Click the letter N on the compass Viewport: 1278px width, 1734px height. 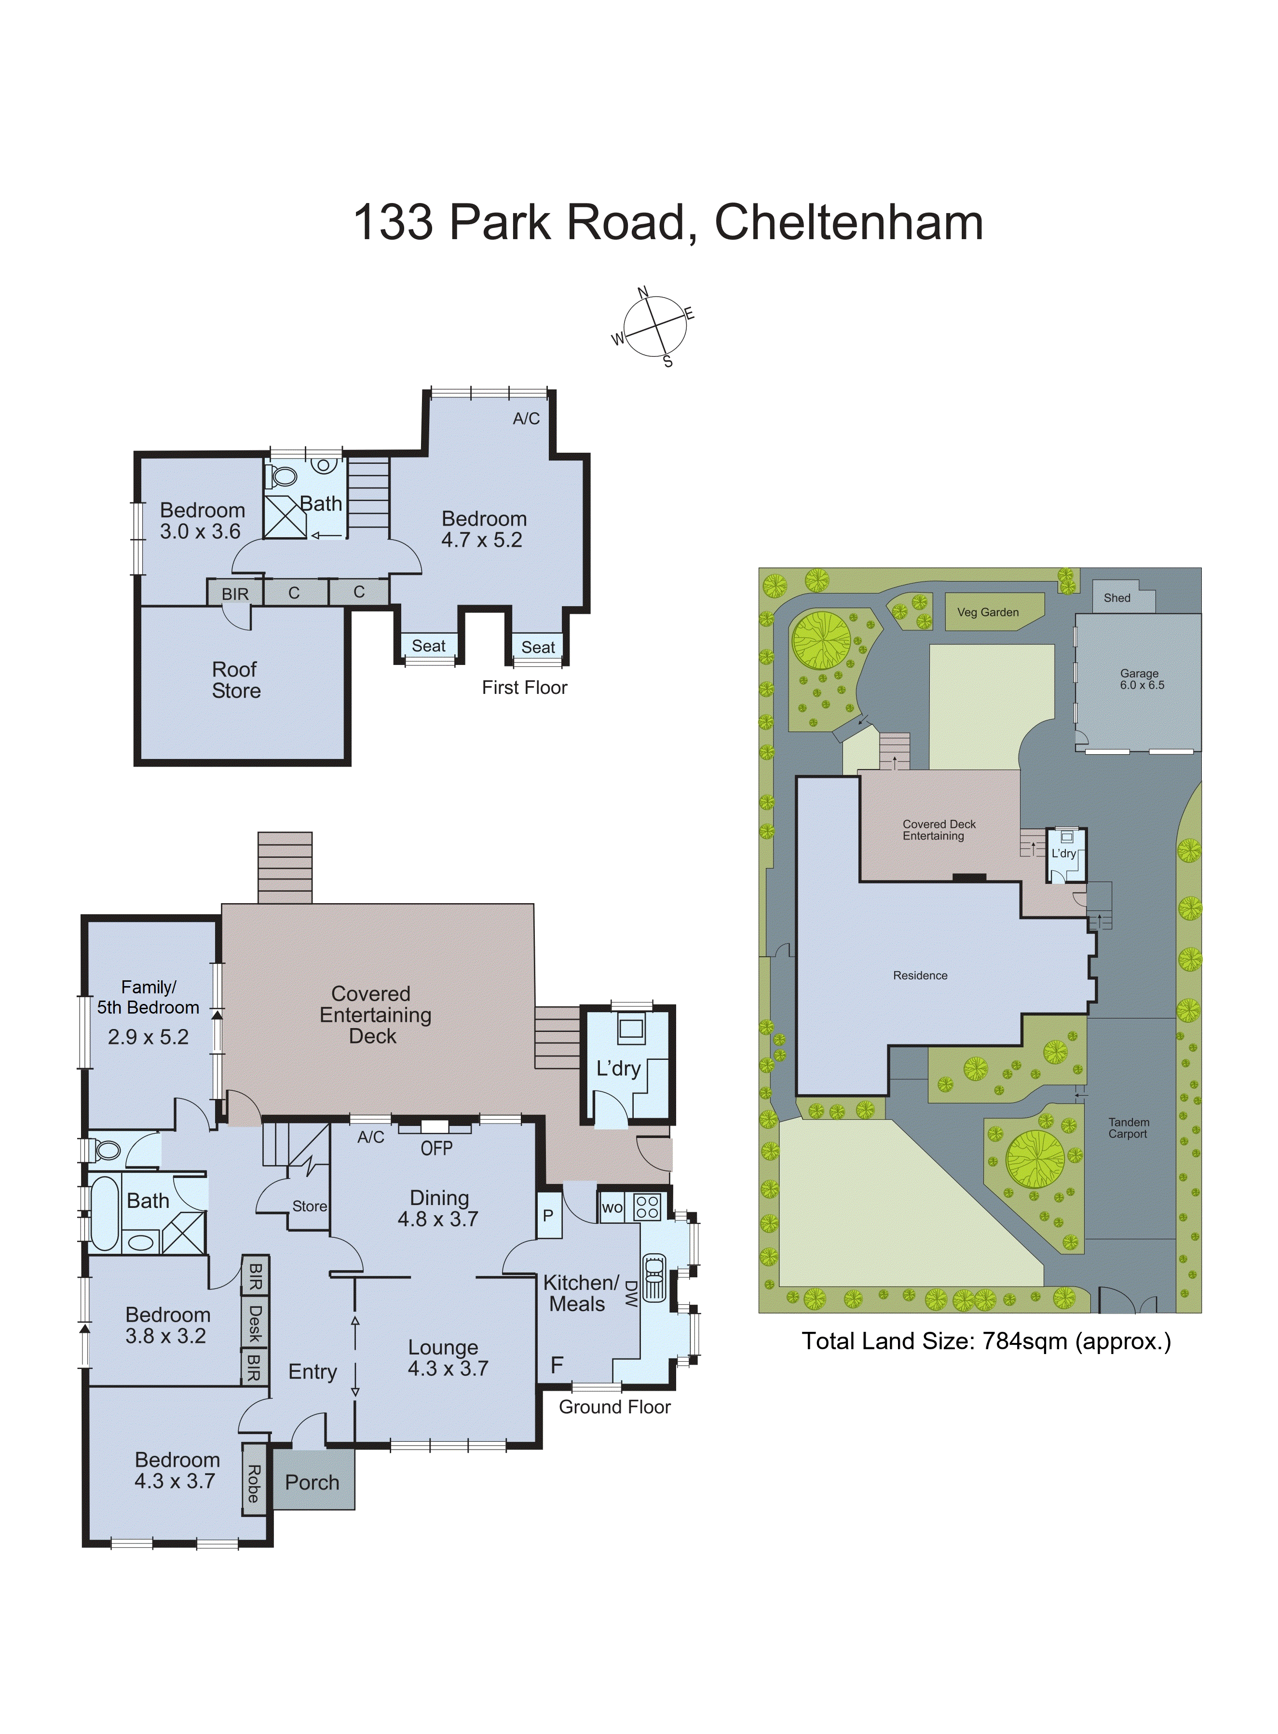click(x=642, y=292)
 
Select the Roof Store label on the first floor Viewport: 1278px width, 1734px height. click(x=236, y=680)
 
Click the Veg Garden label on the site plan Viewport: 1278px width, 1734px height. click(x=988, y=612)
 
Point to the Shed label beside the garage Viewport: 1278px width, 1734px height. click(x=1116, y=598)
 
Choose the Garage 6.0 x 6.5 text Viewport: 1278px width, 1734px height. click(x=1141, y=679)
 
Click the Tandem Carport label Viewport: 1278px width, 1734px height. click(x=1128, y=1128)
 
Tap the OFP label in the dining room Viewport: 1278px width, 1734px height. click(x=436, y=1149)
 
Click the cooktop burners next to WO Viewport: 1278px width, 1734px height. click(x=648, y=1207)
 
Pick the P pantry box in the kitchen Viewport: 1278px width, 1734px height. click(x=548, y=1215)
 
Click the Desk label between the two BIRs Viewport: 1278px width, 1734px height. click(x=255, y=1323)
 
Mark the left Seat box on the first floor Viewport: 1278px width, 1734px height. click(x=429, y=646)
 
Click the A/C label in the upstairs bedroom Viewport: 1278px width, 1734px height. click(x=526, y=419)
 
